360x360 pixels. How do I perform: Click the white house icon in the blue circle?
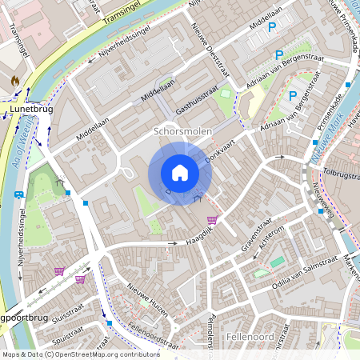[179, 173]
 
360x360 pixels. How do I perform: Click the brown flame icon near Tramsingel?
[14, 81]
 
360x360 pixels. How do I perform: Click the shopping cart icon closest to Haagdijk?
[212, 220]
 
